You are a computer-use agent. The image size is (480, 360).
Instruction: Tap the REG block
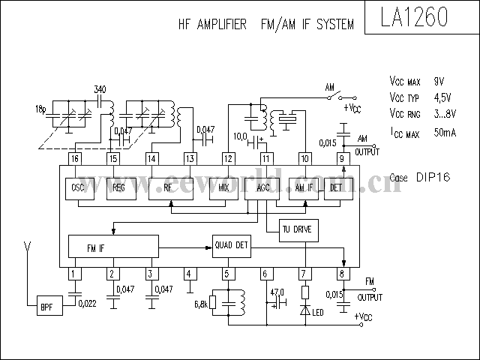point(117,188)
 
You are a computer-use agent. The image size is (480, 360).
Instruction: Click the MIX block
point(223,188)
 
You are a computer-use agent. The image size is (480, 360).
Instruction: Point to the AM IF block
point(304,188)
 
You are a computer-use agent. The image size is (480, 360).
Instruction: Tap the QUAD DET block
point(231,245)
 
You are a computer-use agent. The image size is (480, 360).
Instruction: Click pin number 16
point(74,158)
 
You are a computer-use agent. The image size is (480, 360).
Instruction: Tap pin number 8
point(343,274)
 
